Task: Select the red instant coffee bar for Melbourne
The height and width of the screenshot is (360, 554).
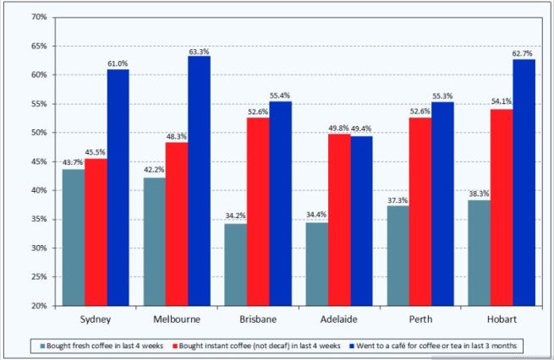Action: [176, 224]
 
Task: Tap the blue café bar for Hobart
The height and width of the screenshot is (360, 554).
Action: [524, 183]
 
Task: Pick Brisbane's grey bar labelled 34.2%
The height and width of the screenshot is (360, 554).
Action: [233, 265]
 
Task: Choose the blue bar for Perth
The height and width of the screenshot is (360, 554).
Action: [442, 204]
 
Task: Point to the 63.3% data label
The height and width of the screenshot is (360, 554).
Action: [199, 51]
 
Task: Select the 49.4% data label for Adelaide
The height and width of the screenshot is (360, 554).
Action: [360, 128]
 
